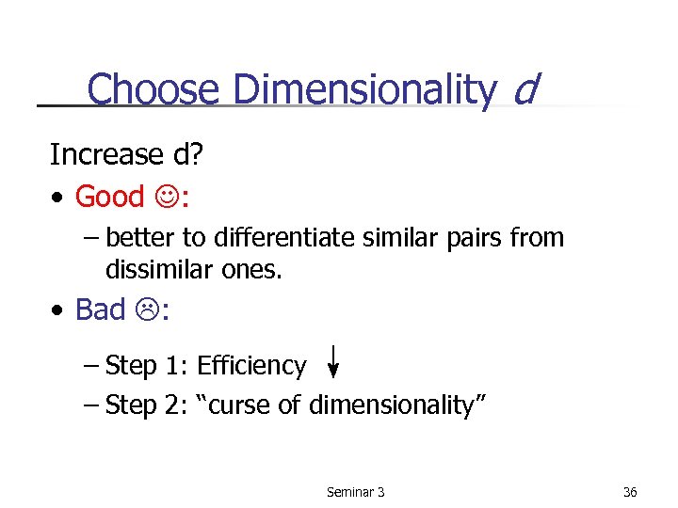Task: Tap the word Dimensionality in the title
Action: (363, 90)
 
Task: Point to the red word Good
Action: (109, 197)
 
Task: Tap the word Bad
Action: (99, 310)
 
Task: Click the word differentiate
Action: (282, 238)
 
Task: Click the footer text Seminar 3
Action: (355, 492)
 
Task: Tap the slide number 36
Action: (630, 492)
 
